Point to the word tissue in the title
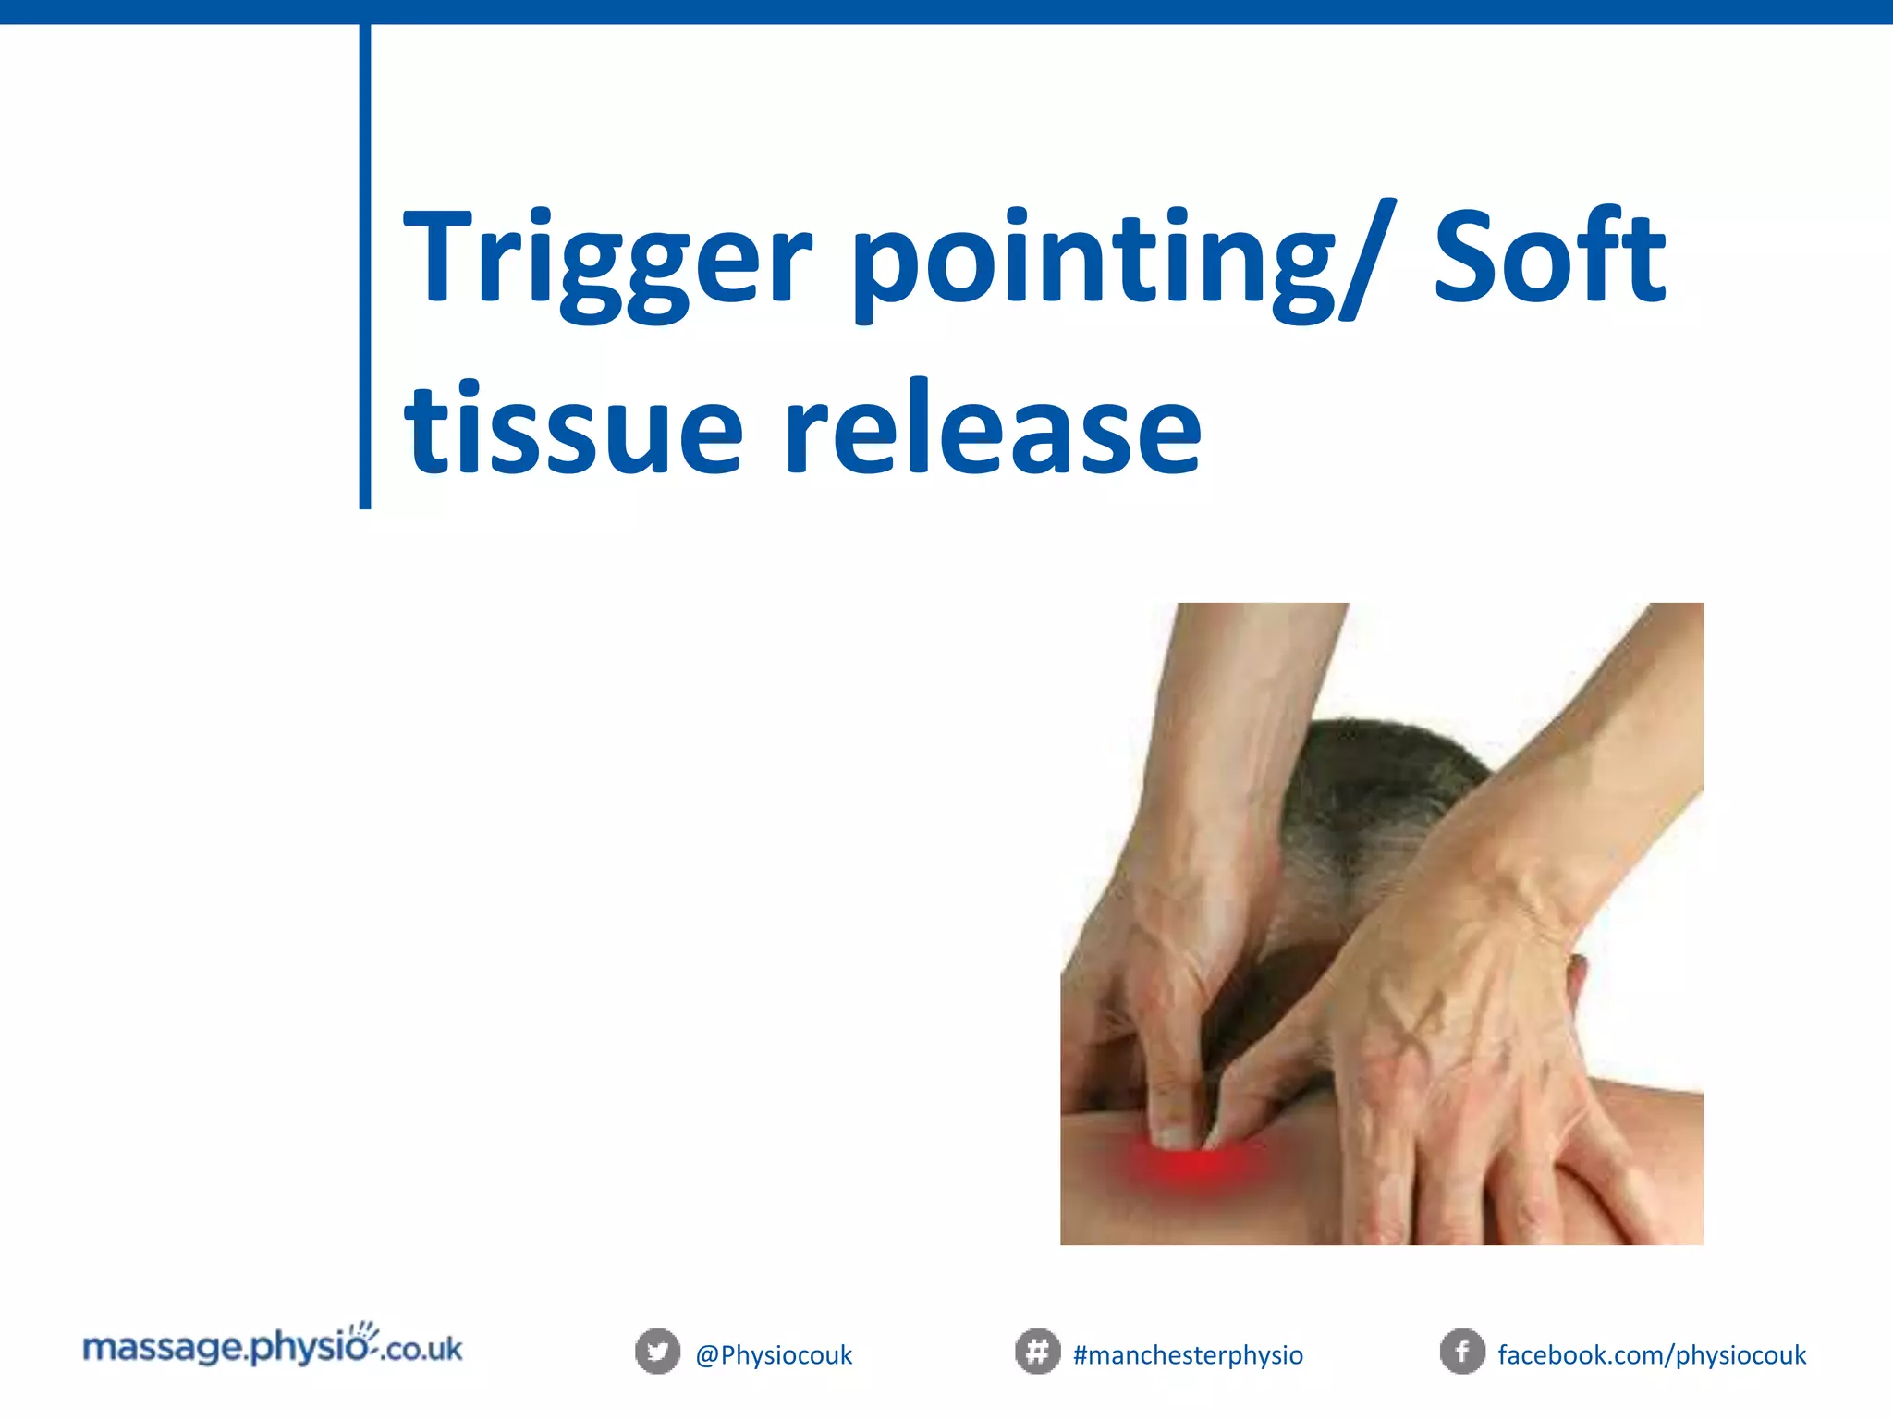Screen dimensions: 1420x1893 (x=573, y=430)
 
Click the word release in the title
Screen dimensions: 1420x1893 (x=993, y=430)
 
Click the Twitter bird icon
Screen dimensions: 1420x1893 (x=657, y=1352)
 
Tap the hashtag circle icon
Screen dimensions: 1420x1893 (x=1037, y=1352)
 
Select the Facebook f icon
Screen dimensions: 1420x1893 (x=1462, y=1352)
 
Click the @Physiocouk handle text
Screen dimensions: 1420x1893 (x=774, y=1355)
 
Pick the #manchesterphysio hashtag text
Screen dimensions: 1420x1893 (x=1188, y=1355)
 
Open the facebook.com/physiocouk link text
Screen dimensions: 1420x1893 (x=1652, y=1355)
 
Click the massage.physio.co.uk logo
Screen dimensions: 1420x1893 (x=272, y=1348)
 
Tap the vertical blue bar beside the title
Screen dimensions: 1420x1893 (x=365, y=268)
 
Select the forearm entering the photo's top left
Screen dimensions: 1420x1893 (x=1229, y=703)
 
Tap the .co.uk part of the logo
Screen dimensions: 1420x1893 (x=421, y=1350)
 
